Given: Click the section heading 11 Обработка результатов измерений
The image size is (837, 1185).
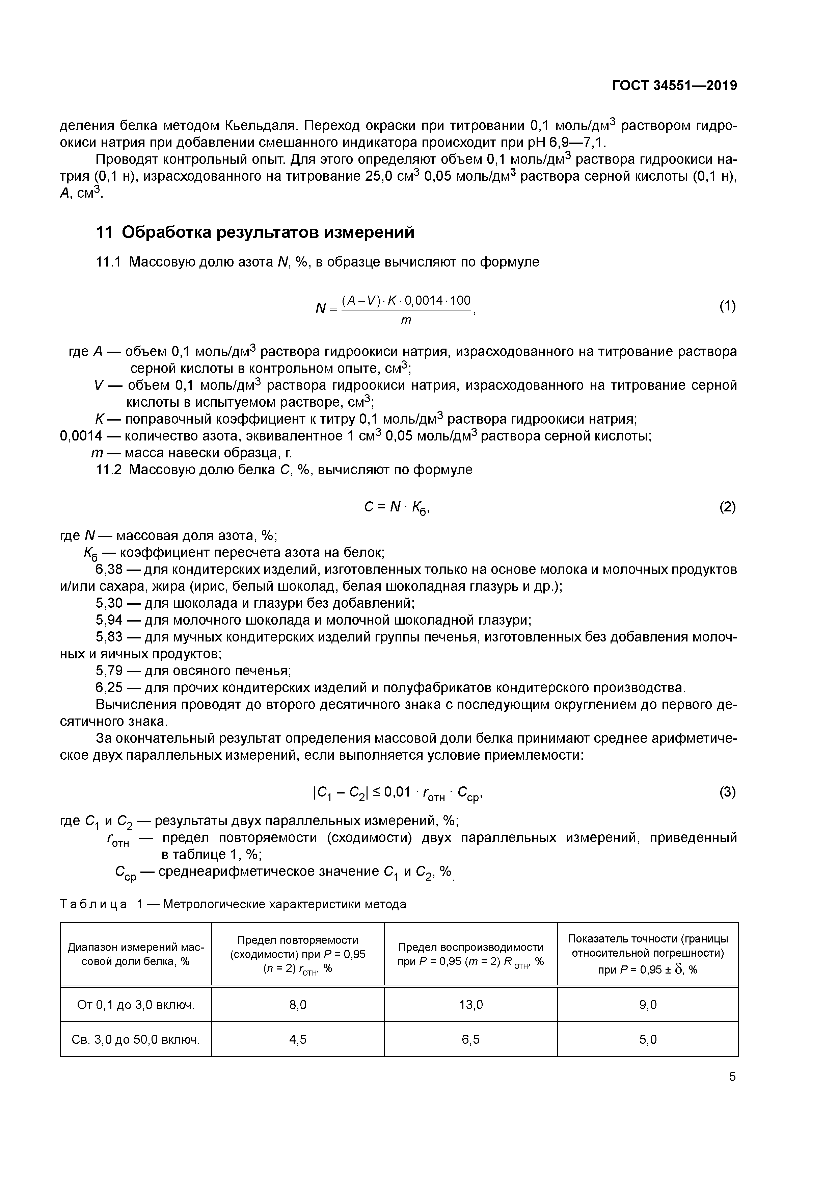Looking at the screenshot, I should pyautogui.click(x=255, y=233).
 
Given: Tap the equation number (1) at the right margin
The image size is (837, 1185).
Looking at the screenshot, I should pyautogui.click(x=727, y=307).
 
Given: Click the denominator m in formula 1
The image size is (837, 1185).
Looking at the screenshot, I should pyautogui.click(x=406, y=321).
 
